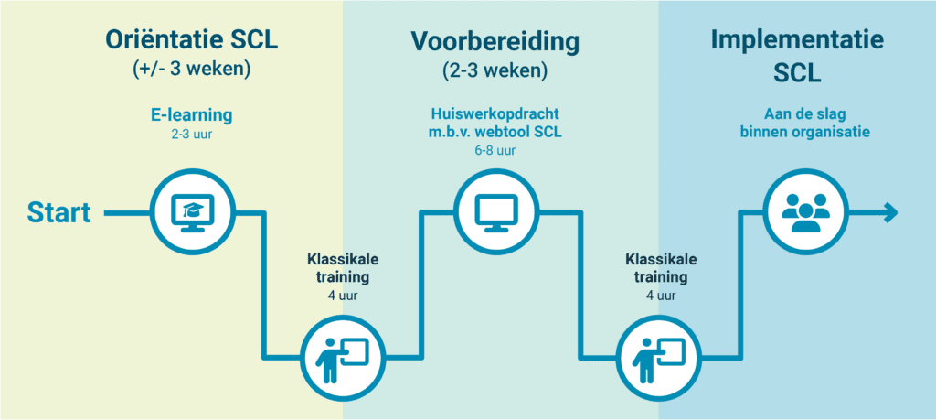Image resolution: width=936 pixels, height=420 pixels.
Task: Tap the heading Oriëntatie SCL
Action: [x=192, y=40]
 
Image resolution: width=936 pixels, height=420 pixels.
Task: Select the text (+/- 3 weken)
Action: [x=192, y=70]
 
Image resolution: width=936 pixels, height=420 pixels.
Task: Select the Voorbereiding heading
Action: [x=495, y=42]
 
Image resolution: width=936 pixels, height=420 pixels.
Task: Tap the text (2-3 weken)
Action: [x=495, y=70]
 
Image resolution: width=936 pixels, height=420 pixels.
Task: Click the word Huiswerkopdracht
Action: [x=494, y=114]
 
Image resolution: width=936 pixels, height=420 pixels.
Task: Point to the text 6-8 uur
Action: [x=495, y=151]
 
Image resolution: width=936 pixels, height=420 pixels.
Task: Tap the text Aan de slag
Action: [x=804, y=114]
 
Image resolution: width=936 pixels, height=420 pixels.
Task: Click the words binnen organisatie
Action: [x=804, y=132]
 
